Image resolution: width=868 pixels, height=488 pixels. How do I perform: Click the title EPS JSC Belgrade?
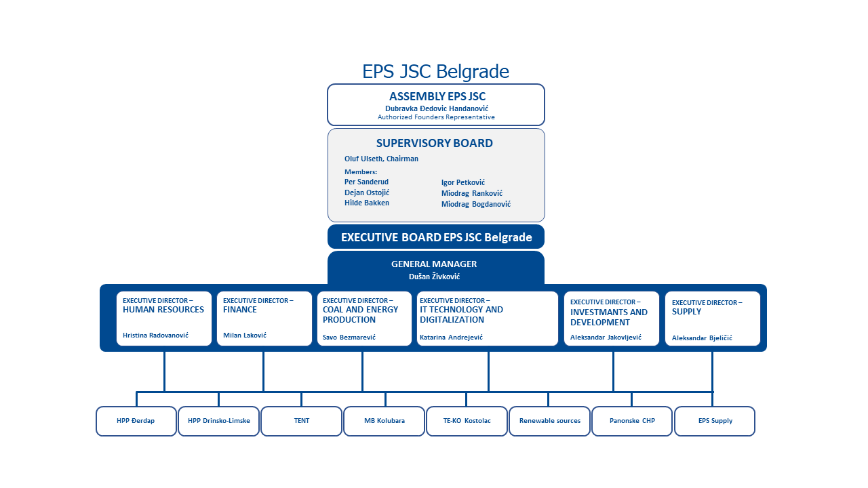pyautogui.click(x=435, y=71)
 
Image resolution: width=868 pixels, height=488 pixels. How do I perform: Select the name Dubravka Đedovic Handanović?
pyautogui.click(x=436, y=108)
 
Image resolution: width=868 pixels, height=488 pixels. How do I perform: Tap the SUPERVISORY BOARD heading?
pyautogui.click(x=434, y=144)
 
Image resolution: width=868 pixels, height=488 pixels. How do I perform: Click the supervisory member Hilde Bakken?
pyautogui.click(x=367, y=203)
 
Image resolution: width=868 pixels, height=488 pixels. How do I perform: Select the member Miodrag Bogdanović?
pyautogui.click(x=476, y=204)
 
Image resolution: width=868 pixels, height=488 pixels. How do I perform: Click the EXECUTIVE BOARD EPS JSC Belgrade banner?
pyautogui.click(x=436, y=237)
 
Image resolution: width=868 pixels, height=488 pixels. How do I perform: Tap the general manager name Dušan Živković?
pyautogui.click(x=434, y=277)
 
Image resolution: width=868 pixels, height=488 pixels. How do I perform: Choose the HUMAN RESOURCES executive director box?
pyautogui.click(x=163, y=319)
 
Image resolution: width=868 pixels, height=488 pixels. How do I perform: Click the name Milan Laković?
pyautogui.click(x=245, y=335)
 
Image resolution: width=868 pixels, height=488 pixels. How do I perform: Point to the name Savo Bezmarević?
pyautogui.click(x=349, y=337)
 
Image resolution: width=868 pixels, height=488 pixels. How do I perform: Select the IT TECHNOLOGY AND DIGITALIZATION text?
pyautogui.click(x=461, y=314)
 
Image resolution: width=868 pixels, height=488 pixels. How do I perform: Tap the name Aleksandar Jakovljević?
pyautogui.click(x=606, y=337)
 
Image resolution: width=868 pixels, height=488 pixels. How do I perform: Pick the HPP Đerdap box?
pyautogui.click(x=136, y=421)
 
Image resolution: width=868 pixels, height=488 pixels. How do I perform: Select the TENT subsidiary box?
pyautogui.click(x=302, y=421)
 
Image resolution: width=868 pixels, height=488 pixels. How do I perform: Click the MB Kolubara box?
pyautogui.click(x=384, y=421)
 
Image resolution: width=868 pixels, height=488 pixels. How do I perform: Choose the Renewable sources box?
pyautogui.click(x=549, y=421)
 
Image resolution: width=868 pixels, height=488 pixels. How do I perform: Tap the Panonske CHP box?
pyautogui.click(x=632, y=421)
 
